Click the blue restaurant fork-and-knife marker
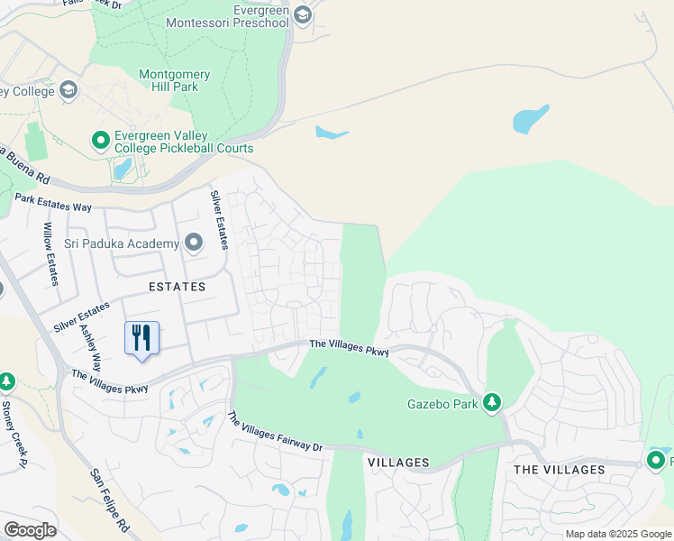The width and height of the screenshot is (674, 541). coord(141,339)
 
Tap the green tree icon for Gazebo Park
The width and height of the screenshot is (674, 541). coord(492,402)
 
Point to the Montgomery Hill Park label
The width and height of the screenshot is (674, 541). coord(175,81)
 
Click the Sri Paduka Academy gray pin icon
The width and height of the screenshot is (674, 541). coord(193,243)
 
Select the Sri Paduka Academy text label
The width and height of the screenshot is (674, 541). coord(122,244)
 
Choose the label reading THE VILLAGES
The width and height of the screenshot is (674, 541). coord(559,470)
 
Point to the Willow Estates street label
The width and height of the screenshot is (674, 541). coord(50,256)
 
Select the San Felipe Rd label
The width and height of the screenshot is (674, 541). coord(110,499)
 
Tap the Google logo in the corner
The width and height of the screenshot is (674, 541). coord(30,529)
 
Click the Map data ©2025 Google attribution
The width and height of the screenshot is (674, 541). coord(617,534)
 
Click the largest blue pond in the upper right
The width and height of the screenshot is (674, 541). coord(531,119)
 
